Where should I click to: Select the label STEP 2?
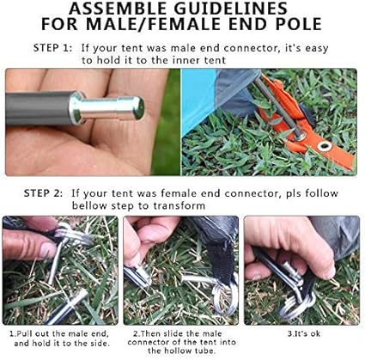click(43, 193)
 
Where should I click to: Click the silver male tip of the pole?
click(106, 108)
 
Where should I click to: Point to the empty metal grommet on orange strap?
click(325, 146)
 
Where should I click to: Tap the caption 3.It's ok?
click(304, 333)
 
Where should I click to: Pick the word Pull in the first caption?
click(25, 333)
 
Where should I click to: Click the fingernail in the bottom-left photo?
click(47, 250)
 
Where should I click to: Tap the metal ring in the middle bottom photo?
click(225, 298)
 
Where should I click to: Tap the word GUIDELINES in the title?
click(231, 9)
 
